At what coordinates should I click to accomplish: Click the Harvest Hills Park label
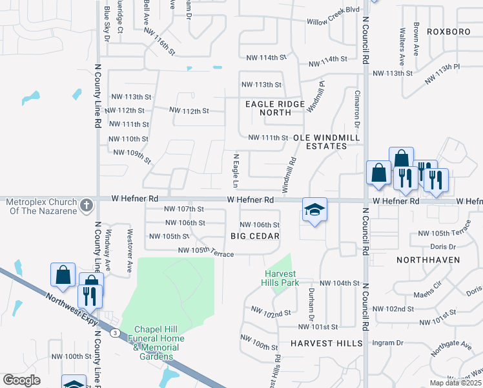pyautogui.click(x=280, y=277)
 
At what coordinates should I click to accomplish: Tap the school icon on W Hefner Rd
pyautogui.click(x=314, y=210)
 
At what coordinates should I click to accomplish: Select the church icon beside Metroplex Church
pyautogui.click(x=87, y=206)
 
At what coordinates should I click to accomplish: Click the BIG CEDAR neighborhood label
pyautogui.click(x=255, y=236)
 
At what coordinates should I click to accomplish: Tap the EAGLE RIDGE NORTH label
pyautogui.click(x=274, y=108)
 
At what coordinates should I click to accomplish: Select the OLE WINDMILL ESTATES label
pyautogui.click(x=320, y=142)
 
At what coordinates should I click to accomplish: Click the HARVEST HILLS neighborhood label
pyautogui.click(x=326, y=343)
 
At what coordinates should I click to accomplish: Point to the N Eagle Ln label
pyautogui.click(x=236, y=167)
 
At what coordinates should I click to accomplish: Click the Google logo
pyautogui.click(x=22, y=380)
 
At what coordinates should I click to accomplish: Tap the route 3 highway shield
pyautogui.click(x=114, y=332)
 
